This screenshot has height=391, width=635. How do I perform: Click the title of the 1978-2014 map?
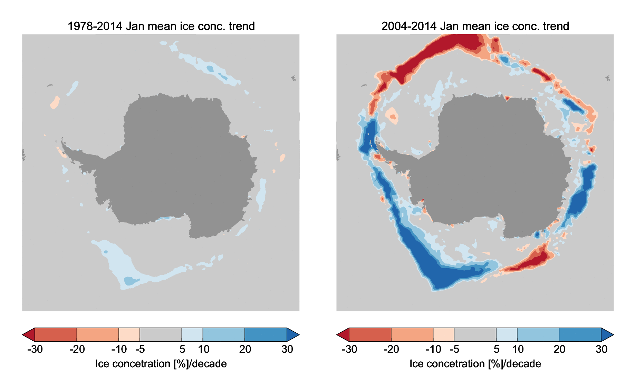[161, 26]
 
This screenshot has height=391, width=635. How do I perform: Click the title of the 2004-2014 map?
[475, 26]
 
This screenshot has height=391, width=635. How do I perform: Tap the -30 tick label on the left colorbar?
[35, 349]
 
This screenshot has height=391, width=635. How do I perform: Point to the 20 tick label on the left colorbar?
[245, 349]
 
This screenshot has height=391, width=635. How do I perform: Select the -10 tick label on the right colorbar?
[433, 349]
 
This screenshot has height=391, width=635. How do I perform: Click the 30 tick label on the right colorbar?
[602, 349]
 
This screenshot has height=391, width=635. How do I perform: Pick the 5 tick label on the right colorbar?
[497, 349]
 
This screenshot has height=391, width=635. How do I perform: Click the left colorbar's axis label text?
[161, 364]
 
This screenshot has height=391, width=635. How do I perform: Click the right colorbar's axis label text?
[475, 364]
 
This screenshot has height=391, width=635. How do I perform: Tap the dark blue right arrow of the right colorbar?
[607, 334]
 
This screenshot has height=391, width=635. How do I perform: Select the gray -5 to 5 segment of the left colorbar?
[161, 334]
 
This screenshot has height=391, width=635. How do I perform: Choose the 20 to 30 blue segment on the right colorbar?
[580, 334]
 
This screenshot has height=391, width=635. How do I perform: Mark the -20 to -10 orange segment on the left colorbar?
[98, 334]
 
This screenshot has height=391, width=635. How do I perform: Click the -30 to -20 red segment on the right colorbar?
[370, 334]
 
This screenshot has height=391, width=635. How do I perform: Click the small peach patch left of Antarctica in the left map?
[55, 103]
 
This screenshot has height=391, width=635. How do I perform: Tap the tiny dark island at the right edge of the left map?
[294, 78]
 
